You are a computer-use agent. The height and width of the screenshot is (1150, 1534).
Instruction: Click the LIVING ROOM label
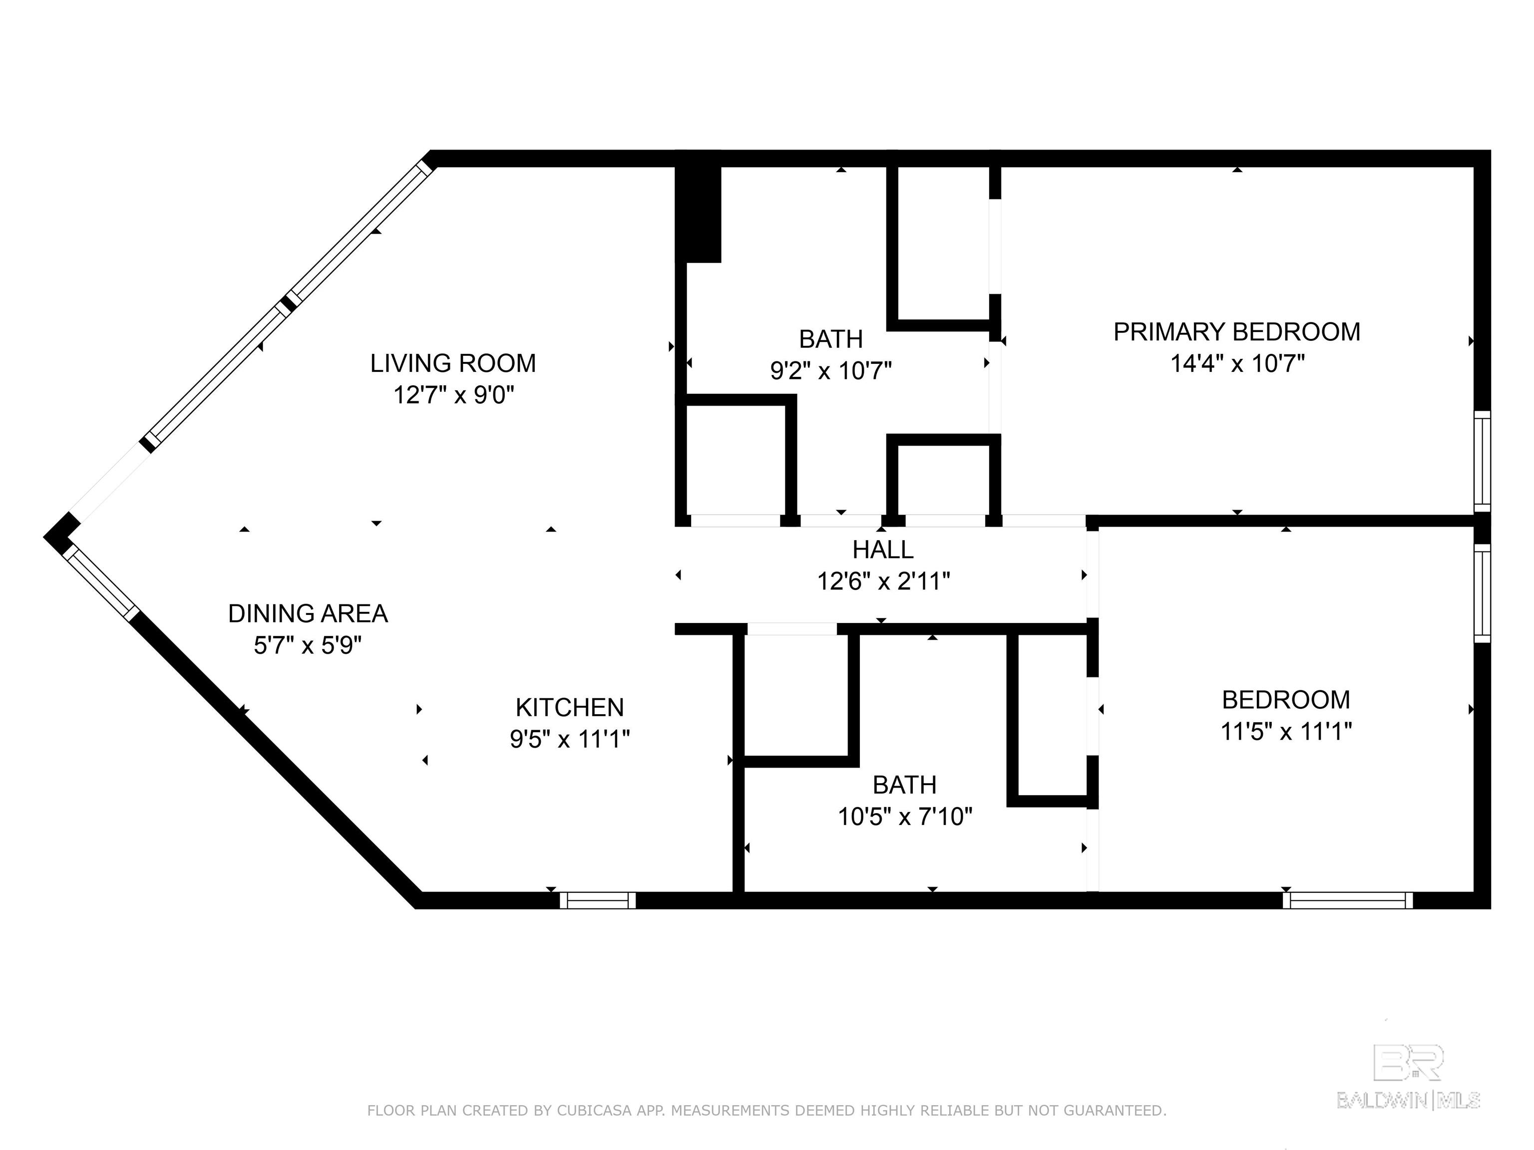pos(453,363)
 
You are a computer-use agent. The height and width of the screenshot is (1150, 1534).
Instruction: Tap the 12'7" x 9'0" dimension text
pos(453,395)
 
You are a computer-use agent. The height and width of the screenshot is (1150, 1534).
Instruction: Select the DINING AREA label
pos(308,613)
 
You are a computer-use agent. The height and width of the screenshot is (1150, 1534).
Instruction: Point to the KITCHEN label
pos(569,708)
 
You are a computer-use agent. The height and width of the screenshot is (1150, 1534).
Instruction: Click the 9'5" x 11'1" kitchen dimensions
pos(569,740)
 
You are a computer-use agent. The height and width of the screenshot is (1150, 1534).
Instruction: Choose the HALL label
pos(883,550)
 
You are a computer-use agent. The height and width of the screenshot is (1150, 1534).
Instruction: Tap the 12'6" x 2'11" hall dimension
pos(883,581)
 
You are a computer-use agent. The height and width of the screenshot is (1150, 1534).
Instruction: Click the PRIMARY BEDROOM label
pos(1236,332)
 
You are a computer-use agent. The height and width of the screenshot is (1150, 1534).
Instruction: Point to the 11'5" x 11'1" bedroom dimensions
pos(1286,731)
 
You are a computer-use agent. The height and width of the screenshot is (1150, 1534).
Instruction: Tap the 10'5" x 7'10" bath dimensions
pos(905,817)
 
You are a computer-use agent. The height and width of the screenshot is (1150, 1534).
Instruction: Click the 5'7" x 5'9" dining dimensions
pos(308,645)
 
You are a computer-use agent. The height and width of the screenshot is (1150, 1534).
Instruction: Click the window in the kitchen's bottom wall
pos(598,900)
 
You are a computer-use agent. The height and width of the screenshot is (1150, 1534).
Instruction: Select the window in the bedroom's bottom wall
pos(1347,900)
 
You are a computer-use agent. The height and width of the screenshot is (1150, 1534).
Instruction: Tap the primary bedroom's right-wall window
pos(1482,461)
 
